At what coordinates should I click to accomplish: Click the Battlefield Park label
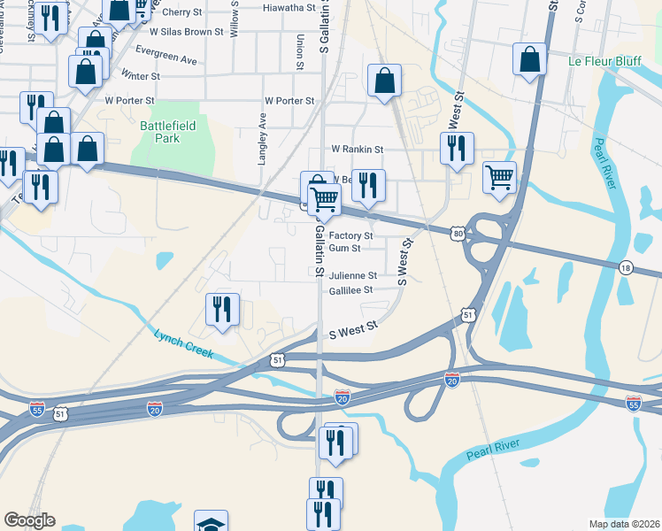pos(159,132)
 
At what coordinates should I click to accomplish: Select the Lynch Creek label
pos(185,343)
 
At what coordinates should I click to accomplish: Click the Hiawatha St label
pos(289,7)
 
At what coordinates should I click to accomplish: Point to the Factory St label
pos(350,236)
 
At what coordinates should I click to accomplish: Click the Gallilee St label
pos(351,289)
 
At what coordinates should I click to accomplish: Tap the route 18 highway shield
pos(625,268)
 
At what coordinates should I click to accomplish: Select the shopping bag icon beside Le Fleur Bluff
pos(528,60)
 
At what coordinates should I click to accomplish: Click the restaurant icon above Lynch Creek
pos(221,309)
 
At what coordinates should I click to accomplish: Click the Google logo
pos(29,520)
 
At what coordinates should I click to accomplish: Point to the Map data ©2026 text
pos(623,524)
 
